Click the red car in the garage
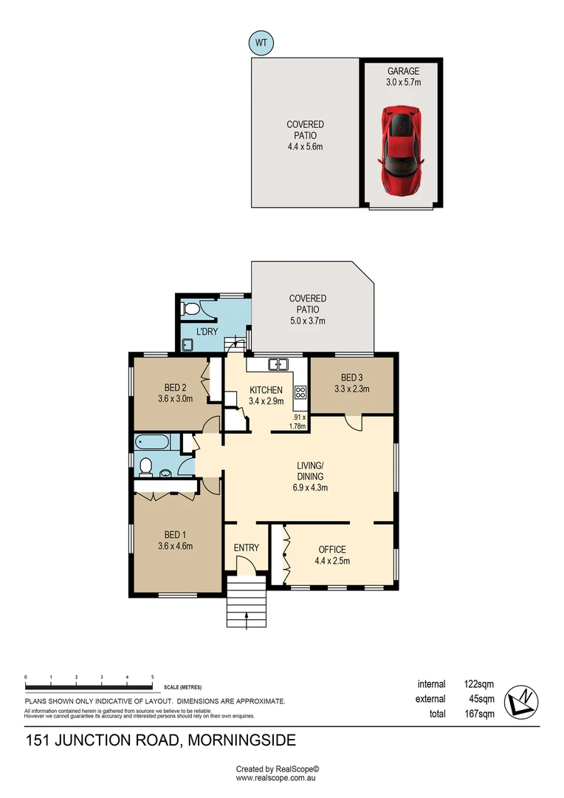tap(400, 151)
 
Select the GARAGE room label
tap(403, 72)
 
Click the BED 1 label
tap(175, 536)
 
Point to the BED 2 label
tap(175, 388)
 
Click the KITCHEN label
tap(266, 389)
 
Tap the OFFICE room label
tap(332, 550)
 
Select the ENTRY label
tap(247, 548)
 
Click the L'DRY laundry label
tap(207, 332)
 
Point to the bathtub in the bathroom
tap(153, 443)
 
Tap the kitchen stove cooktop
tap(300, 393)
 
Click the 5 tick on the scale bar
tap(152, 677)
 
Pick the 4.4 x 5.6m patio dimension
tap(305, 146)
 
